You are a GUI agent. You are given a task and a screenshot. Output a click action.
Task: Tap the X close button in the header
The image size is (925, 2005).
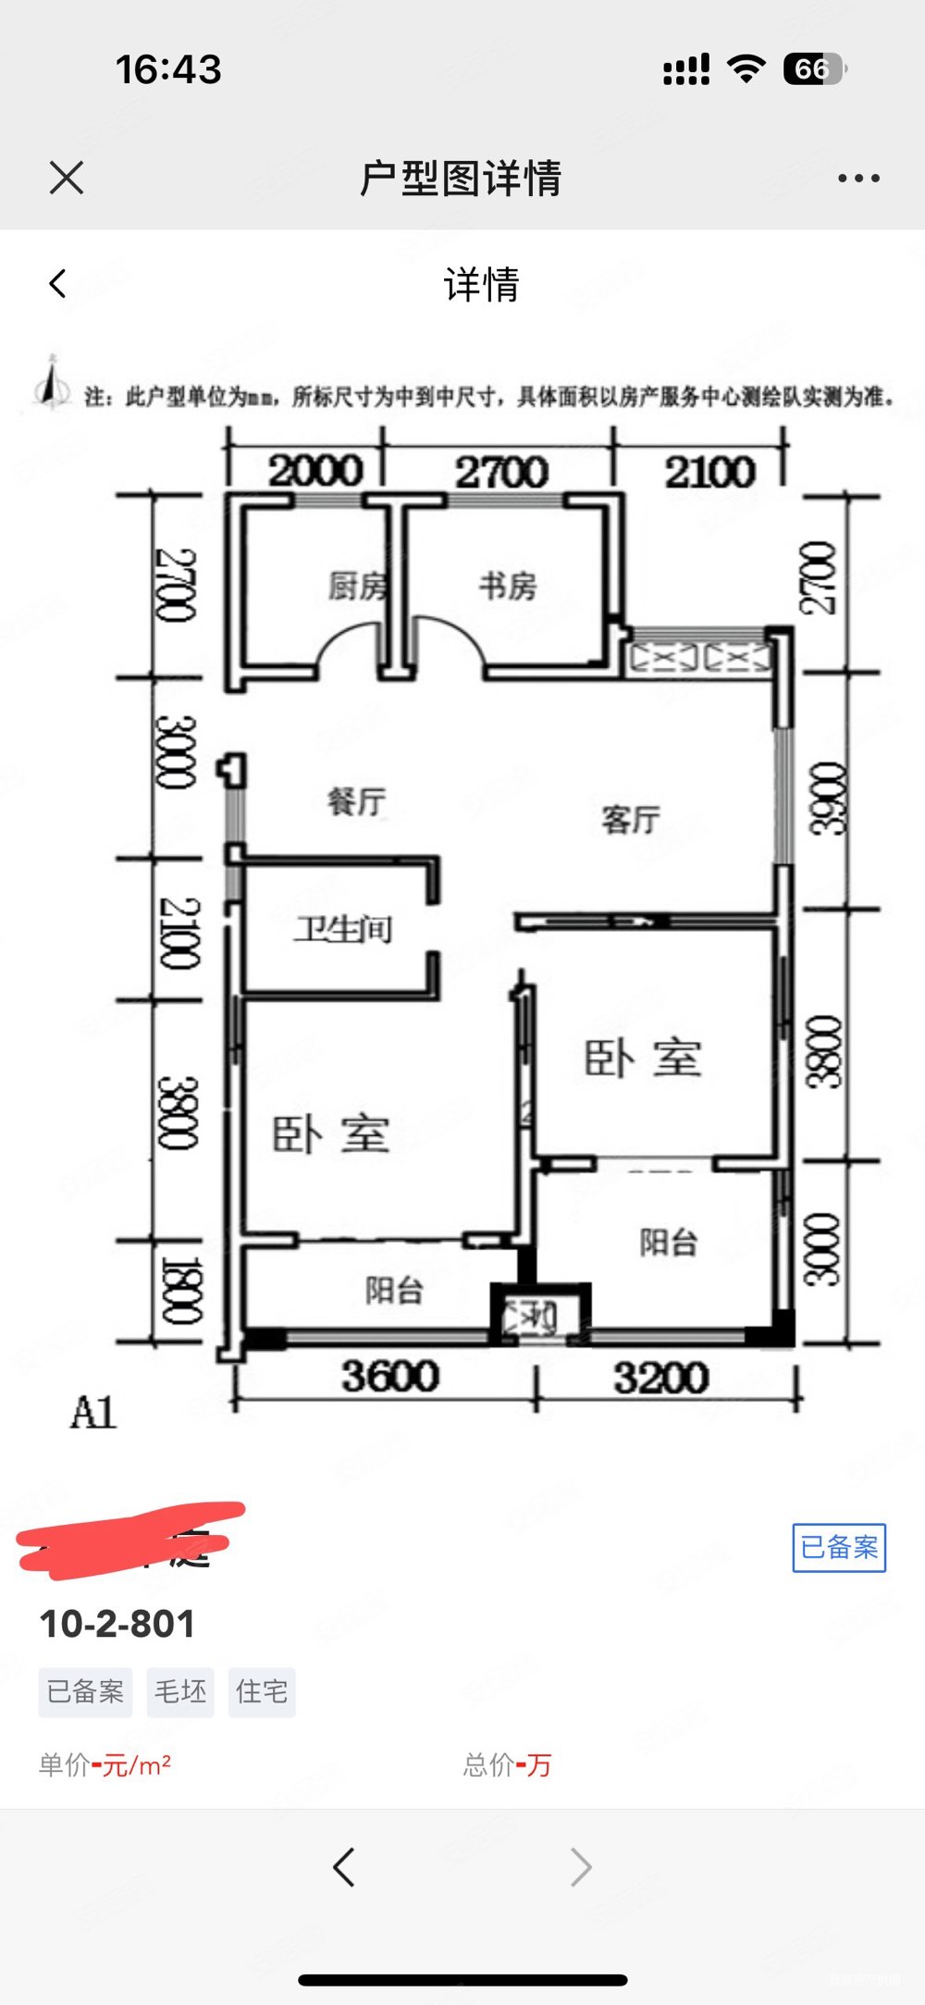tap(67, 178)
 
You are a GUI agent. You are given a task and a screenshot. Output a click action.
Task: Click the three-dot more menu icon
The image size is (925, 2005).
tap(858, 178)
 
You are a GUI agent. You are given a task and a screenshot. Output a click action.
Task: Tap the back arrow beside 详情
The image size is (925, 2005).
tap(58, 284)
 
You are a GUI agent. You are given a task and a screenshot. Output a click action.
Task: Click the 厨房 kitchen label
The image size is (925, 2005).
tap(357, 586)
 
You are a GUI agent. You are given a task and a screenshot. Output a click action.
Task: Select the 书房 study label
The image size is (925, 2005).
tap(508, 586)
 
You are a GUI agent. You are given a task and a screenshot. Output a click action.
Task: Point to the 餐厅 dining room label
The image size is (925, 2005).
tap(357, 801)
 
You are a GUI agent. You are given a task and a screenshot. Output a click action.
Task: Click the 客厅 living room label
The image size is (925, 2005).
tap(631, 820)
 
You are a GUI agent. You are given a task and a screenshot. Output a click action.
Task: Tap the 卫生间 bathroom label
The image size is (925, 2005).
tap(343, 929)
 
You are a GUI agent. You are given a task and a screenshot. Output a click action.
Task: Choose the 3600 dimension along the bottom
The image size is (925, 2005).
tap(389, 1377)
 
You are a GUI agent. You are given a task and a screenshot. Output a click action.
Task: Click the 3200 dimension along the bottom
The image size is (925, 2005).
tap(660, 1379)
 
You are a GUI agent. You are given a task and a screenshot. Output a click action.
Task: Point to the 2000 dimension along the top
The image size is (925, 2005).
tap(315, 471)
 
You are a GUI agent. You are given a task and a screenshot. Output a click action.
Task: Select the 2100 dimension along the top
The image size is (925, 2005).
tap(709, 473)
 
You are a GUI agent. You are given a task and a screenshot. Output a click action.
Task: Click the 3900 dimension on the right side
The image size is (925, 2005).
tap(825, 798)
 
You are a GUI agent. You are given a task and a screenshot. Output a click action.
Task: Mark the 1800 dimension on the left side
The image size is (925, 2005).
tap(179, 1290)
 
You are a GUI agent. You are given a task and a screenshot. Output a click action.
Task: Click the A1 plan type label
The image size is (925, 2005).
tap(93, 1413)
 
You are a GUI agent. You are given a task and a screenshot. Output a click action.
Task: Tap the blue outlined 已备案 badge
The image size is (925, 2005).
tap(839, 1547)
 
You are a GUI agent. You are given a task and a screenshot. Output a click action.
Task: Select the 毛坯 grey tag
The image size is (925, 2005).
tap(180, 1692)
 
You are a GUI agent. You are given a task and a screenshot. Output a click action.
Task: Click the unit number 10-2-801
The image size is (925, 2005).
tap(117, 1624)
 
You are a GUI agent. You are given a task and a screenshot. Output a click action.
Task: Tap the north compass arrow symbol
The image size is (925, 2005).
tap(52, 382)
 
